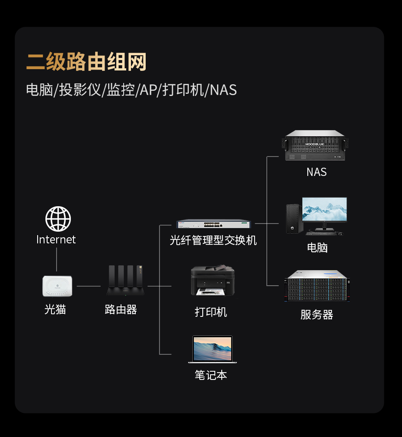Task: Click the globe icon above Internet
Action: (x=58, y=219)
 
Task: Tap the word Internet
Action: (x=56, y=239)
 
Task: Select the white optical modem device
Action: (x=57, y=286)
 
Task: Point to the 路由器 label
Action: (x=121, y=309)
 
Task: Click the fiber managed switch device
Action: (x=214, y=224)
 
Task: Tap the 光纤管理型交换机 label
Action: (x=213, y=240)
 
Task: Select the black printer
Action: (x=213, y=281)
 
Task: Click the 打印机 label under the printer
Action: (x=211, y=312)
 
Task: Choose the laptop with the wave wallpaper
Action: (x=213, y=349)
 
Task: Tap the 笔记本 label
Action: (x=211, y=375)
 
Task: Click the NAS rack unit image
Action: (x=316, y=145)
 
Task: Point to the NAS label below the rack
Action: (x=316, y=172)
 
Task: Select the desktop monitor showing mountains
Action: (x=324, y=211)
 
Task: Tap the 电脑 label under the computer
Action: (x=317, y=248)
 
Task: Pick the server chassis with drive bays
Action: (x=317, y=286)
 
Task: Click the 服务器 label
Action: (x=317, y=315)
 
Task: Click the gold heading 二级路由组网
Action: (x=86, y=62)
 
